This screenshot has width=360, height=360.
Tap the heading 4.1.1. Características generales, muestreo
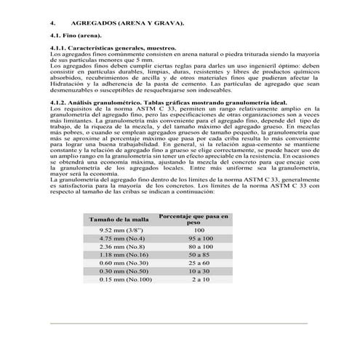tap(113, 49)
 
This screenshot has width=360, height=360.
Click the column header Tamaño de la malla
tap(119, 218)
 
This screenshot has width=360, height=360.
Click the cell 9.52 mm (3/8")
tap(113, 229)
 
